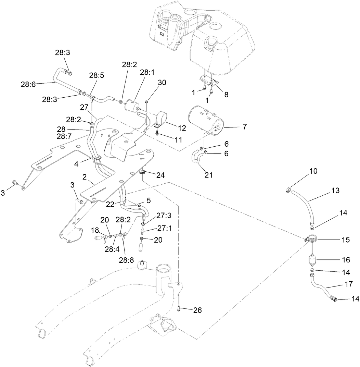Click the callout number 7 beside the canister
pos(244,127)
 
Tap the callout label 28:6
pos(28,84)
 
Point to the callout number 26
pos(197,310)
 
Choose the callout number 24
pos(160,175)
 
